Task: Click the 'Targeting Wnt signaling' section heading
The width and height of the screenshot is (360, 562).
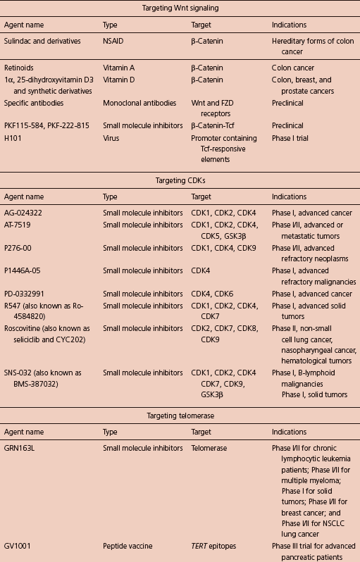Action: (180, 8)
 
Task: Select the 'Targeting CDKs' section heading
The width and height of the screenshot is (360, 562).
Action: (180, 180)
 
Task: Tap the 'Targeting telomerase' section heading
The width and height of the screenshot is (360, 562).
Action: (180, 416)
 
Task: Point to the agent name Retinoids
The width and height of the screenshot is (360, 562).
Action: (20, 69)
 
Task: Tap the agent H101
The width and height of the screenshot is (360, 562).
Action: (14, 138)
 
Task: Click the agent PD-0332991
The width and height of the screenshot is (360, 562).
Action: (27, 294)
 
